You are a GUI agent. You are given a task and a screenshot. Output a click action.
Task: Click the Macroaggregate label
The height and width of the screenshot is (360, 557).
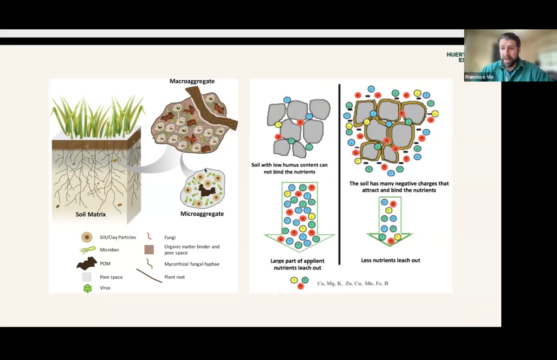pyautogui.click(x=192, y=81)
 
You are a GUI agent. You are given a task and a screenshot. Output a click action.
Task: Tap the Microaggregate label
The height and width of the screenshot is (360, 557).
pyautogui.click(x=202, y=214)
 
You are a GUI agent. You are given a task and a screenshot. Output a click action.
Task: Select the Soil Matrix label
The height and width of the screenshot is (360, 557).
pyautogui.click(x=91, y=214)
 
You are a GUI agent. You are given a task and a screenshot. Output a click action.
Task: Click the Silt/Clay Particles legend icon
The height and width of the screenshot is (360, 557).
pyautogui.click(x=87, y=237)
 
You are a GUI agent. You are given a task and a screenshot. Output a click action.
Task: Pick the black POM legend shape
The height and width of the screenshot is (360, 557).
pyautogui.click(x=86, y=264)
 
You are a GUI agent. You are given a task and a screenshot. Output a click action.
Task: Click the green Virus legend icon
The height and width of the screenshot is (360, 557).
pyautogui.click(x=87, y=288)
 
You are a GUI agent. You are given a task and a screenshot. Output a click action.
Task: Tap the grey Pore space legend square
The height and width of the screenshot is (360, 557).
pyautogui.click(x=87, y=277)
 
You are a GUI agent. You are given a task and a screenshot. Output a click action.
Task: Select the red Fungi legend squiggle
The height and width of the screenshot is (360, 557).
pyautogui.click(x=149, y=237)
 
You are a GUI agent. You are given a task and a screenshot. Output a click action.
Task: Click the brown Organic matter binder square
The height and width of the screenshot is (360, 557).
pyautogui.click(x=149, y=250)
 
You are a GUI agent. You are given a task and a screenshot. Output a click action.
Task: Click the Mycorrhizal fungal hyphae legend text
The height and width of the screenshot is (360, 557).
pyautogui.click(x=192, y=264)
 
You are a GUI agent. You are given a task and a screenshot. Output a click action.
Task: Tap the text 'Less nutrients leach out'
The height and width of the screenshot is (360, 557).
pyautogui.click(x=390, y=260)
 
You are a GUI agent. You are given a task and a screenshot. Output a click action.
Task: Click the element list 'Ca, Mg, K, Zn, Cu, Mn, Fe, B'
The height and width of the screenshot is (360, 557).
pyautogui.click(x=353, y=283)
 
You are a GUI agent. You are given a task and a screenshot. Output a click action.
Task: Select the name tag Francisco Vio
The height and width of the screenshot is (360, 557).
pyautogui.click(x=479, y=77)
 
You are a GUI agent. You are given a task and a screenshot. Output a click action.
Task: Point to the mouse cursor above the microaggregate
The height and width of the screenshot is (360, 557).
pyautogui.click(x=206, y=171)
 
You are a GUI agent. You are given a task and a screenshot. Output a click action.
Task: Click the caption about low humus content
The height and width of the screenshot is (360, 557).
pyautogui.click(x=289, y=168)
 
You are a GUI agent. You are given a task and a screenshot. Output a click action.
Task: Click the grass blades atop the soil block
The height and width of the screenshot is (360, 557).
pyautogui.click(x=97, y=116)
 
